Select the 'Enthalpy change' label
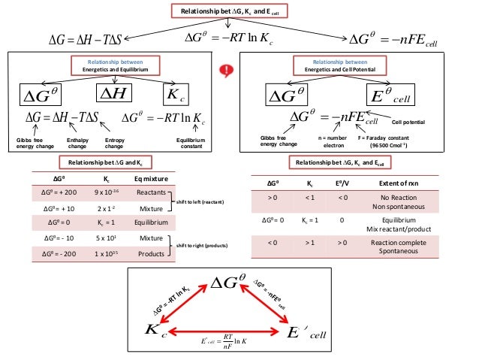click(x=77, y=142)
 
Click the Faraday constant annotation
click(x=384, y=142)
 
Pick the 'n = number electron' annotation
click(x=331, y=142)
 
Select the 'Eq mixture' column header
click(x=150, y=180)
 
